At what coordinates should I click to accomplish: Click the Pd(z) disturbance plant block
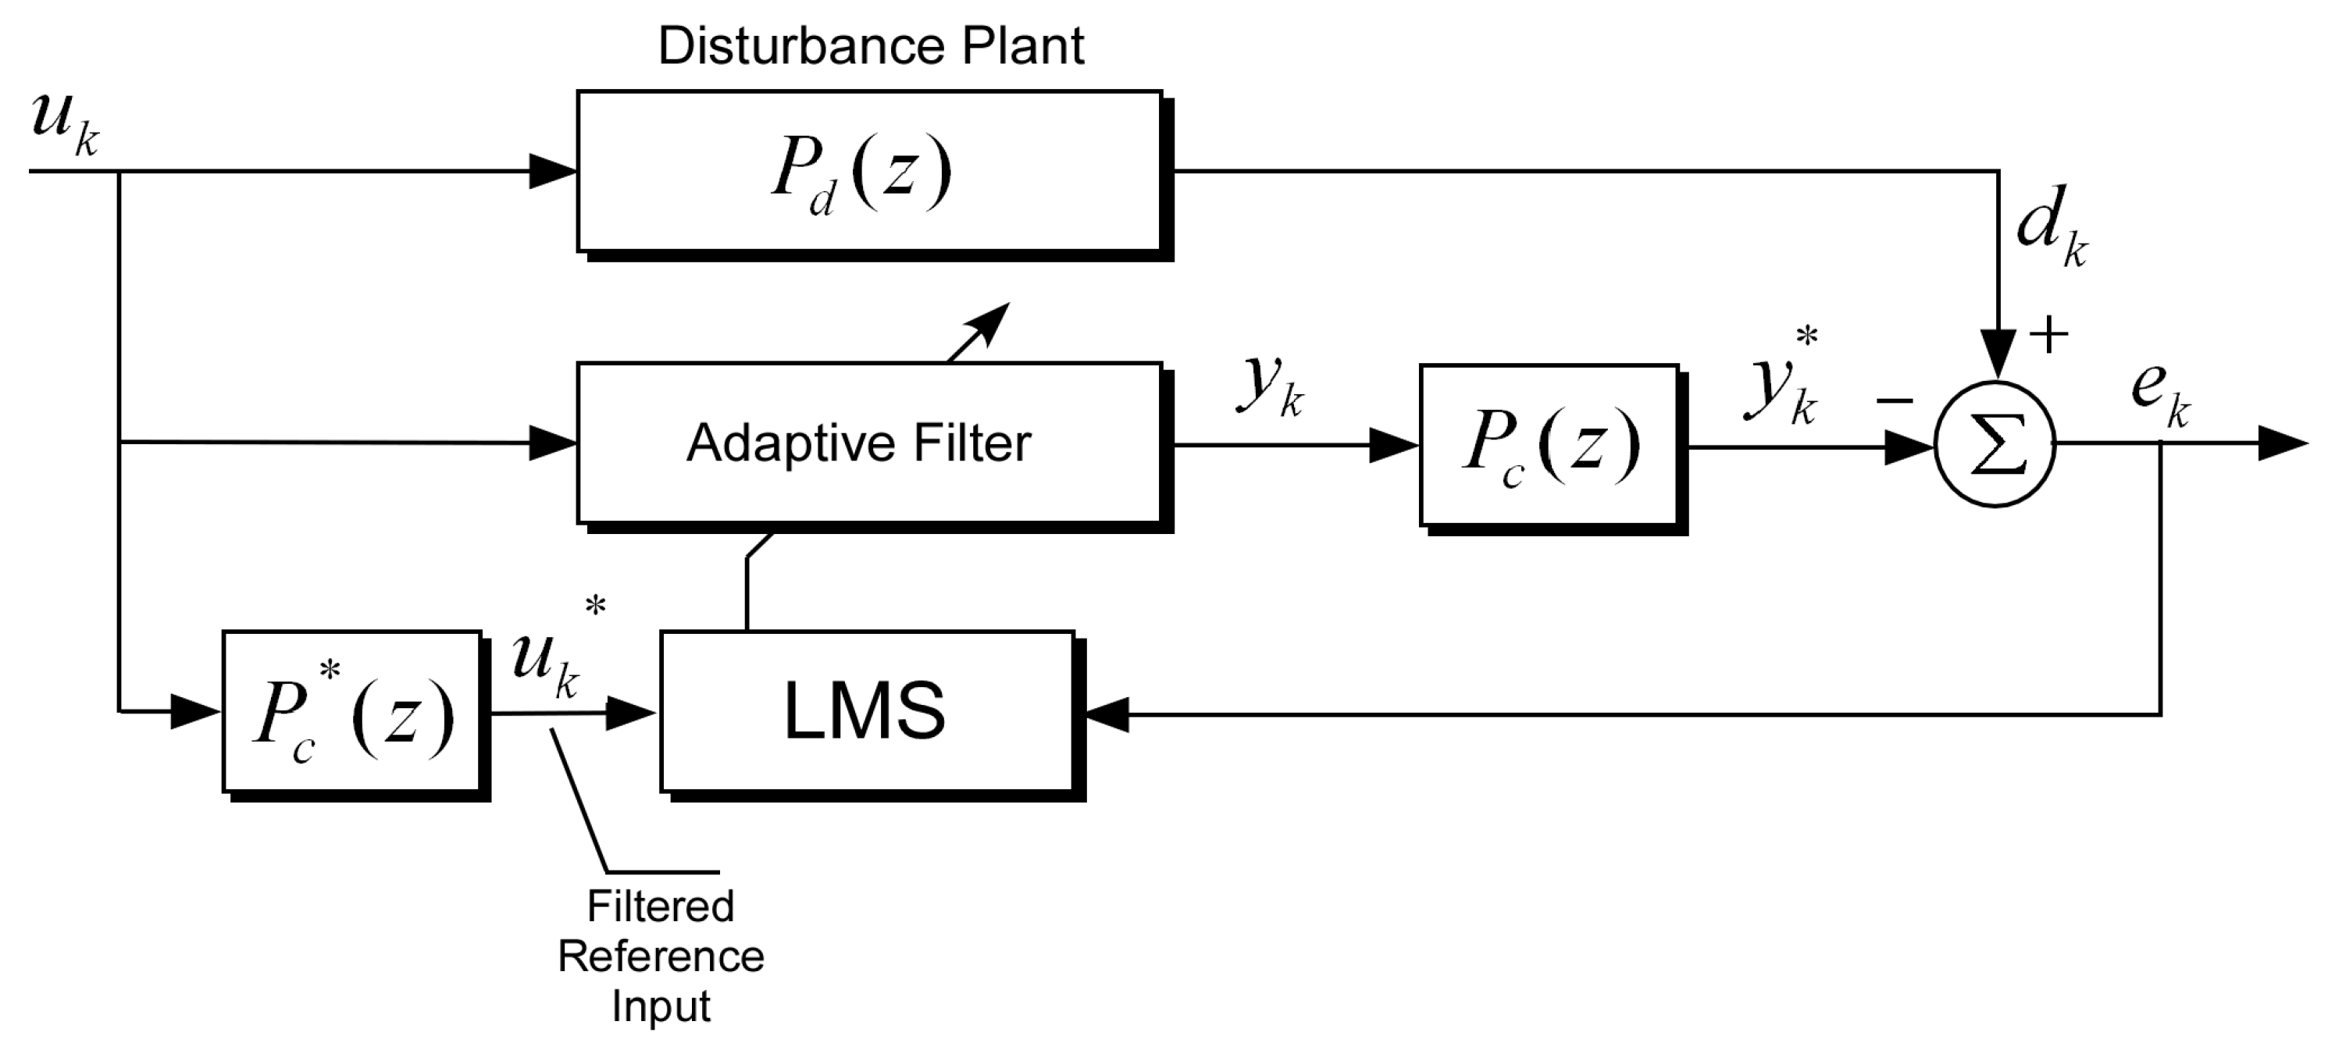[x=869, y=171]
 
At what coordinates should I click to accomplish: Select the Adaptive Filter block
[x=869, y=443]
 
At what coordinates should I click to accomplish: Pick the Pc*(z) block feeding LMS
[x=352, y=712]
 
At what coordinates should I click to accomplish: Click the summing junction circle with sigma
[x=1995, y=444]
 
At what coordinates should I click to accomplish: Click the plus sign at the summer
[x=2048, y=334]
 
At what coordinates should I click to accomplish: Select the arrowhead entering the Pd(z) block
[x=552, y=171]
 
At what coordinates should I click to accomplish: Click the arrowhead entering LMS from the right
[x=1104, y=714]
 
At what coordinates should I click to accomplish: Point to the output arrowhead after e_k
[x=2282, y=443]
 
